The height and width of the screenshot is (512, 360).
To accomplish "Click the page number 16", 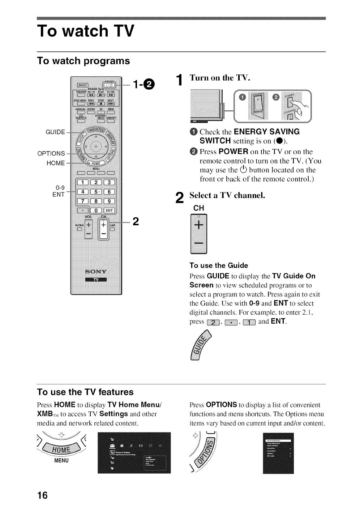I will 42,495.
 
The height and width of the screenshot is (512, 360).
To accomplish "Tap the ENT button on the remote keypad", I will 109,210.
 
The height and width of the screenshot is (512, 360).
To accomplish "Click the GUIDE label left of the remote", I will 55,132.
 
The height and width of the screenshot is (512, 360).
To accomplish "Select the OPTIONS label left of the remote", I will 51,153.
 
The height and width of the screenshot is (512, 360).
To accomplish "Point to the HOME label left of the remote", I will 56,163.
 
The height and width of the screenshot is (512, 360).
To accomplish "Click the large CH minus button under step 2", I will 198,244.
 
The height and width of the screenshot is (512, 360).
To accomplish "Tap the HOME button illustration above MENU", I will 62,449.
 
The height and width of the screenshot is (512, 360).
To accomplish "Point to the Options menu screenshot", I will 278,453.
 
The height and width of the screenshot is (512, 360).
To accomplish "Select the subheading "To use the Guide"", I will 219,265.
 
